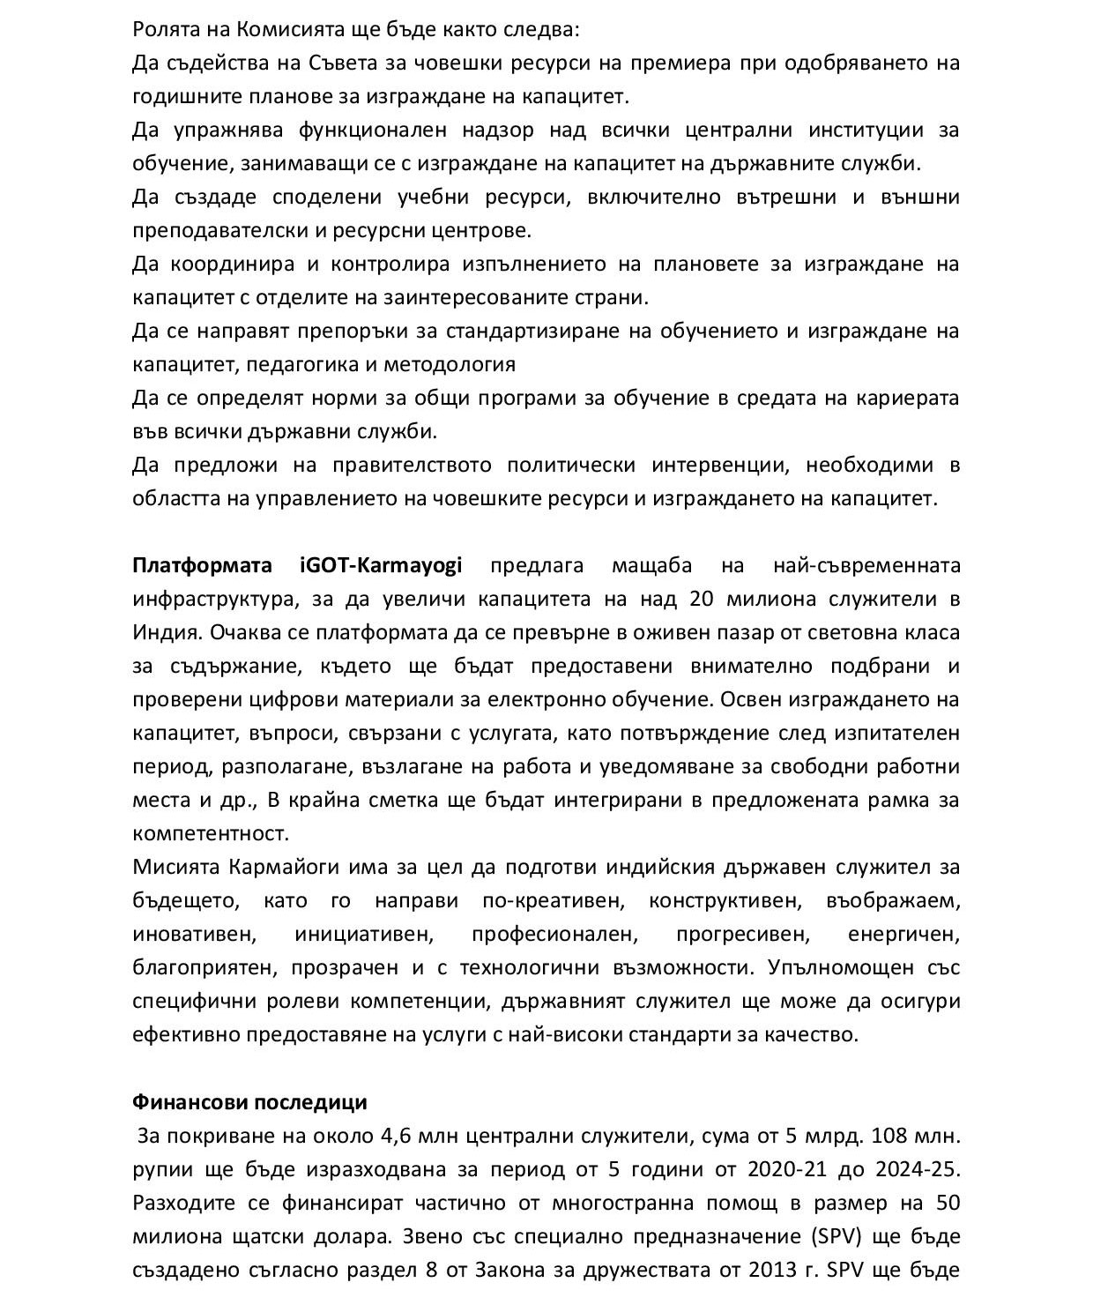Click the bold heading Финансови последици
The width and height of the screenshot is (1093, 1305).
tap(249, 1102)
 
